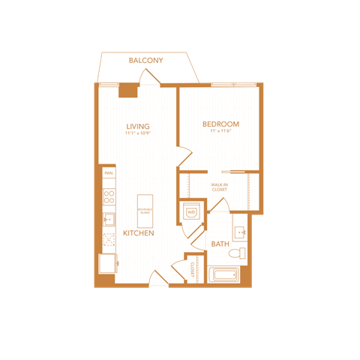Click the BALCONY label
click(145, 61)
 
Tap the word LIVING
click(138, 125)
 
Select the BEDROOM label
click(220, 124)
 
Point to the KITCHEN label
click(139, 234)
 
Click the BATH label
click(220, 244)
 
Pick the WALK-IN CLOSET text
click(219, 187)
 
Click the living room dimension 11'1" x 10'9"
click(138, 133)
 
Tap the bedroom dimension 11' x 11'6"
click(220, 131)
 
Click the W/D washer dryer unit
click(191, 212)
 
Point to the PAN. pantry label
click(109, 173)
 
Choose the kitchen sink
click(109, 220)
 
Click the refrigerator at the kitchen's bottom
click(108, 264)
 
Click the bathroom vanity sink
click(240, 231)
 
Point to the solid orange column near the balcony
click(128, 89)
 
